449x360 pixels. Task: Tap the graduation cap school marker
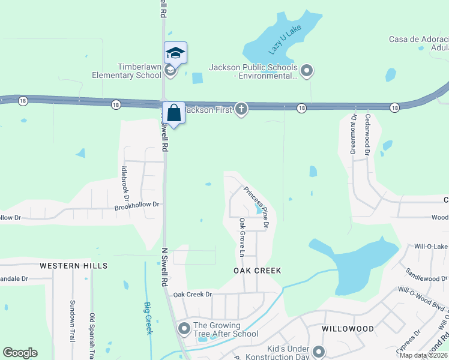pyautogui.click(x=175, y=53)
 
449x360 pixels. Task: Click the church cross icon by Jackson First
pyautogui.click(x=241, y=109)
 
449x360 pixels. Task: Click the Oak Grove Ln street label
pyautogui.click(x=243, y=237)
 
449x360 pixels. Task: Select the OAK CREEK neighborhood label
pyautogui.click(x=257, y=271)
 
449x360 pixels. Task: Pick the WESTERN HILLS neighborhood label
pyautogui.click(x=74, y=265)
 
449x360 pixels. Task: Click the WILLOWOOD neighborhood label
pyautogui.click(x=348, y=329)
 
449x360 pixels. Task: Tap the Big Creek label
pyautogui.click(x=148, y=318)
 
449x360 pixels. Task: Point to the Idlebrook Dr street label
pyautogui.click(x=126, y=183)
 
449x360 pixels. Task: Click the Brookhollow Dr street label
pyautogui.click(x=136, y=205)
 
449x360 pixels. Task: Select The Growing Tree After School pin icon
pyautogui.click(x=184, y=329)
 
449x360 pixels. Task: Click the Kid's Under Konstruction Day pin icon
pyautogui.click(x=318, y=352)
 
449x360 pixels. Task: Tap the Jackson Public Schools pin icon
pyautogui.click(x=307, y=71)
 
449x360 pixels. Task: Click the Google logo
pyautogui.click(x=20, y=353)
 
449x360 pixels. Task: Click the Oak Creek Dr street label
pyautogui.click(x=193, y=295)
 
